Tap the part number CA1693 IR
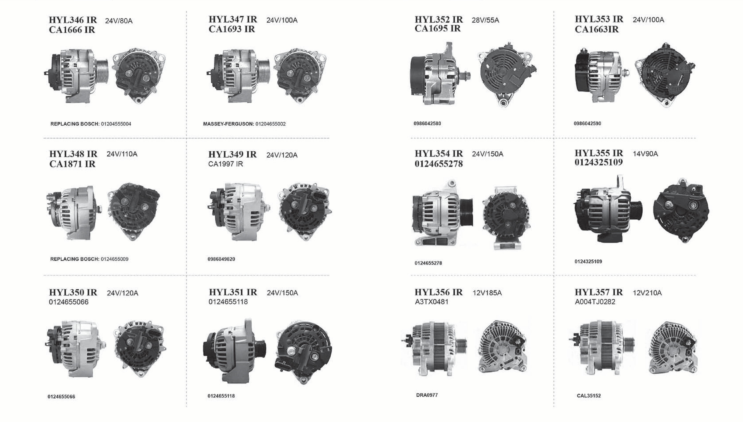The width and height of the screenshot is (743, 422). [232, 29]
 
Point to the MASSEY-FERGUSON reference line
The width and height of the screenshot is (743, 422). [244, 124]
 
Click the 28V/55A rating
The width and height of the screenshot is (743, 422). [485, 20]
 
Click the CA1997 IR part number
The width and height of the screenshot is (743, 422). [226, 164]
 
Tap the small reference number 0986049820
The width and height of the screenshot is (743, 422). [221, 259]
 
